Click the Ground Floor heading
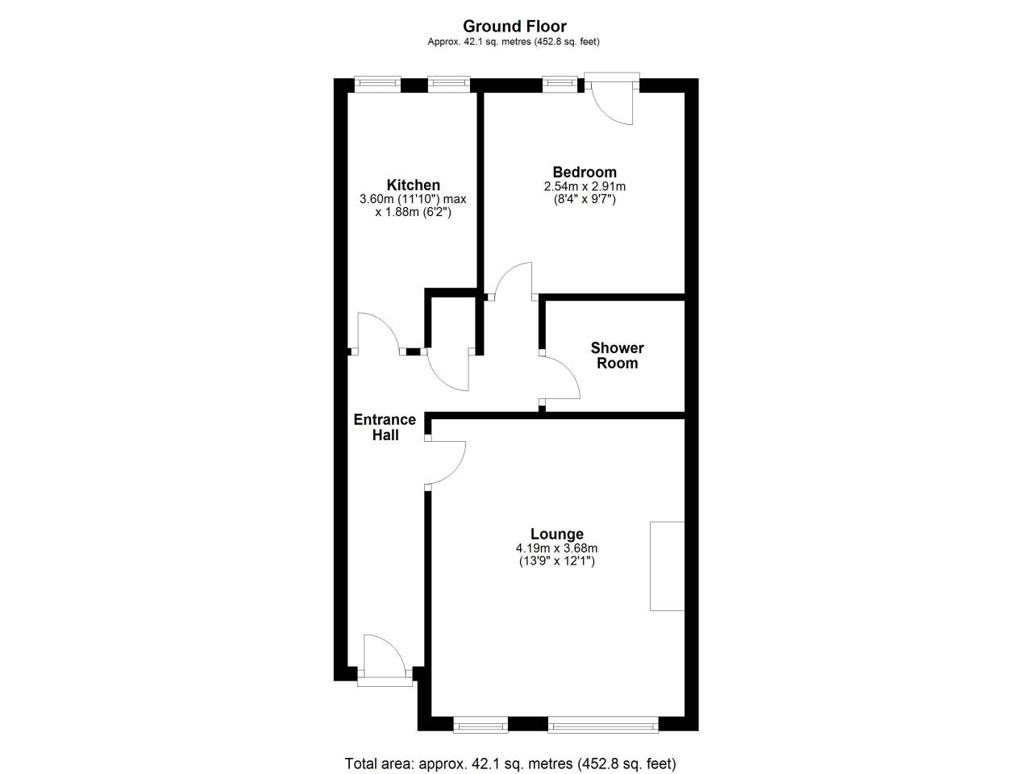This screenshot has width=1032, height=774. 514,27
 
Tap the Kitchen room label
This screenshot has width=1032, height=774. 414,185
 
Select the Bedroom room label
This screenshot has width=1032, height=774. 585,172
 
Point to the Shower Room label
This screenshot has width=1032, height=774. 617,356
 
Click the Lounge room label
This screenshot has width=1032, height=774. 556,534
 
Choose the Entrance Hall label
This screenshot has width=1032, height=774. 385,427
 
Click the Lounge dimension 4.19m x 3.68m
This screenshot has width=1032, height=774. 556,548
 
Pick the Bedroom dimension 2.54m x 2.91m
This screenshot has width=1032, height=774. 585,186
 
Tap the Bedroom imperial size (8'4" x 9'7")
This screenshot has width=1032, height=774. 585,199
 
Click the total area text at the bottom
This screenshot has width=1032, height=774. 510,764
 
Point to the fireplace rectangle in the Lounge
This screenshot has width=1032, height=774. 667,566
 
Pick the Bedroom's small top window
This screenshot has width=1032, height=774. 560,84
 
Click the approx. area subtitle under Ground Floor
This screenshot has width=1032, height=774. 514,42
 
